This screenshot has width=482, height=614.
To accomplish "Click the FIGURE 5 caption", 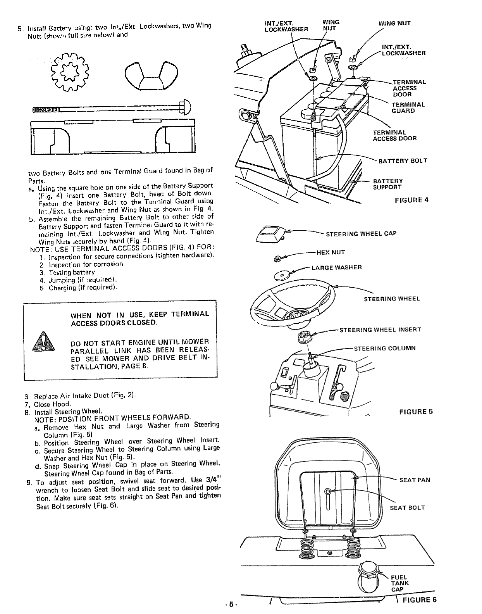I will pos(416,412).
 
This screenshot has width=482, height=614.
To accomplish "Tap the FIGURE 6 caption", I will pos(420,600).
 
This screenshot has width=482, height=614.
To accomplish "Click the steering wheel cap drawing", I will pos(270,234).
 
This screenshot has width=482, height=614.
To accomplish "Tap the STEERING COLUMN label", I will pos(385,348).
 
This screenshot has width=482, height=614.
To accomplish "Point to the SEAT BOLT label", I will pos(407,508).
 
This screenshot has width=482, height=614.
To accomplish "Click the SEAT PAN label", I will pos(415,480).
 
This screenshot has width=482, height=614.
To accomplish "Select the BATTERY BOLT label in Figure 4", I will pos(403,160).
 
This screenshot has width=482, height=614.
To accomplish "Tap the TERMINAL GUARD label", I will pos(408,108).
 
